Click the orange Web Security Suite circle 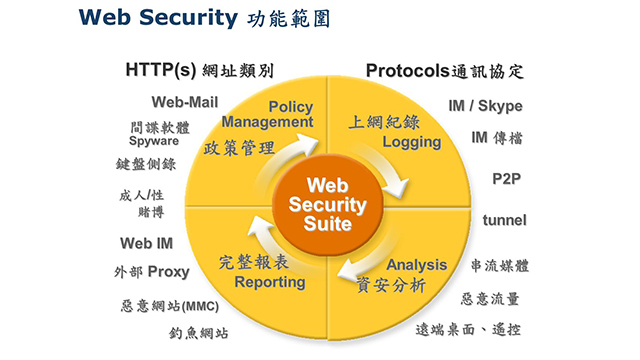point(321,204)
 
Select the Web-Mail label point(185,102)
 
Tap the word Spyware point(153,141)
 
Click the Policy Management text point(268,114)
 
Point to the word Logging point(411,142)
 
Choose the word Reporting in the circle point(270,282)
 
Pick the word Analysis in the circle point(417,265)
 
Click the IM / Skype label point(485,106)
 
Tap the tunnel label point(505,219)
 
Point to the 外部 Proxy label point(151,271)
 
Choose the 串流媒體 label point(499,266)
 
